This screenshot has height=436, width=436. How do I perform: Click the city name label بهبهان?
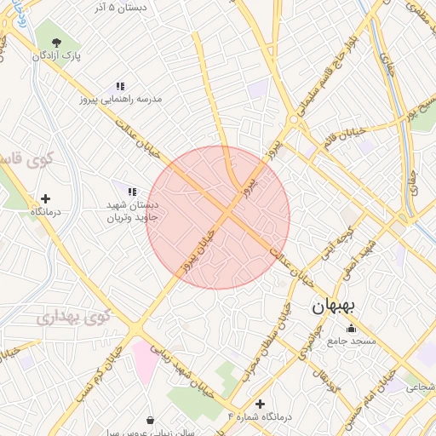(x=328, y=307)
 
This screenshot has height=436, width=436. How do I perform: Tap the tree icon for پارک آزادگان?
(x=57, y=43)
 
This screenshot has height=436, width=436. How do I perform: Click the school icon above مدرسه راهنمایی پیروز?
(x=120, y=86)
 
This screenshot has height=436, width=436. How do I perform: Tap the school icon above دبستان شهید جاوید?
(x=131, y=192)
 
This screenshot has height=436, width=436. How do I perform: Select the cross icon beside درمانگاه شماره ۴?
(x=260, y=404)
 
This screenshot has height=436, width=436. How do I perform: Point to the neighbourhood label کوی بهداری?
(x=74, y=318)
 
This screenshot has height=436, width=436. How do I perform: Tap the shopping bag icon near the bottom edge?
(x=151, y=421)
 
